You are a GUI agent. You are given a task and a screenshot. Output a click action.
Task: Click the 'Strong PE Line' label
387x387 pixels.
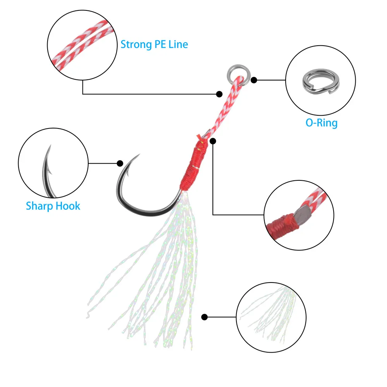click(154, 44)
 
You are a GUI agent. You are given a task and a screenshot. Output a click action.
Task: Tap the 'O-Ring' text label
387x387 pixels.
click(321, 123)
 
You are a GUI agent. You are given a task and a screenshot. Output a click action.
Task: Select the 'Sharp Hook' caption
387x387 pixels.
click(53, 205)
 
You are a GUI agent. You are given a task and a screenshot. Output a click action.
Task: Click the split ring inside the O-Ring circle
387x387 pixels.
click(314, 80)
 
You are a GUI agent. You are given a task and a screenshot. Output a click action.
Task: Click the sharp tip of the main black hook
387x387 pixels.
click(138, 156)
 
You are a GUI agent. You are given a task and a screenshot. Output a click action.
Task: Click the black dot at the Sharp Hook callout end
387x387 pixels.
click(120, 163)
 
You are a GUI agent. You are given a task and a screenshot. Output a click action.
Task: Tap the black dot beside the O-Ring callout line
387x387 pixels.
click(254, 80)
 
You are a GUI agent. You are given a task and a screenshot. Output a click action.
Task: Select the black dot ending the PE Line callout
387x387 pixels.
click(219, 94)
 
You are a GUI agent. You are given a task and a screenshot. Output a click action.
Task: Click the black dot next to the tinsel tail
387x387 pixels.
click(204, 317)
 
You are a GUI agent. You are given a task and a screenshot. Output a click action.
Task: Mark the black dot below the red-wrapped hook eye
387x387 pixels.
click(213, 141)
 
